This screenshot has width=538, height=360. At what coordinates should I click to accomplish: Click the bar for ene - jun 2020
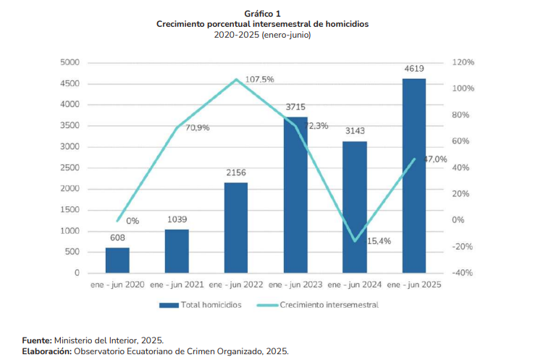(117, 260)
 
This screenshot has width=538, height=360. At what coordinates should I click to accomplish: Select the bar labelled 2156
(236, 227)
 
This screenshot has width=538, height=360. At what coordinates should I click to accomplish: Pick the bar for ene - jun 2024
(355, 206)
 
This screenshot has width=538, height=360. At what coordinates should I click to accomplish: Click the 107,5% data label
(259, 79)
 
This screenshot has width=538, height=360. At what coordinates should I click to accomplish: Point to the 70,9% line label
(198, 127)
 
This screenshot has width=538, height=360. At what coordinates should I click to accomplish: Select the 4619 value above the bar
(414, 69)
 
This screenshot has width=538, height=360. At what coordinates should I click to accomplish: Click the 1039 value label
(177, 219)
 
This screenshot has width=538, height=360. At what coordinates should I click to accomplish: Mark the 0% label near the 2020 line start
(133, 221)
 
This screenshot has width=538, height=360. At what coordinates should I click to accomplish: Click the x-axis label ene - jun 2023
(295, 285)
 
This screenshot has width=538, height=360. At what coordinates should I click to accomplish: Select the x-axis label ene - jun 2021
(177, 285)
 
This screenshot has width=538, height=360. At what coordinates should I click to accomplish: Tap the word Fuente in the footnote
(36, 340)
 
